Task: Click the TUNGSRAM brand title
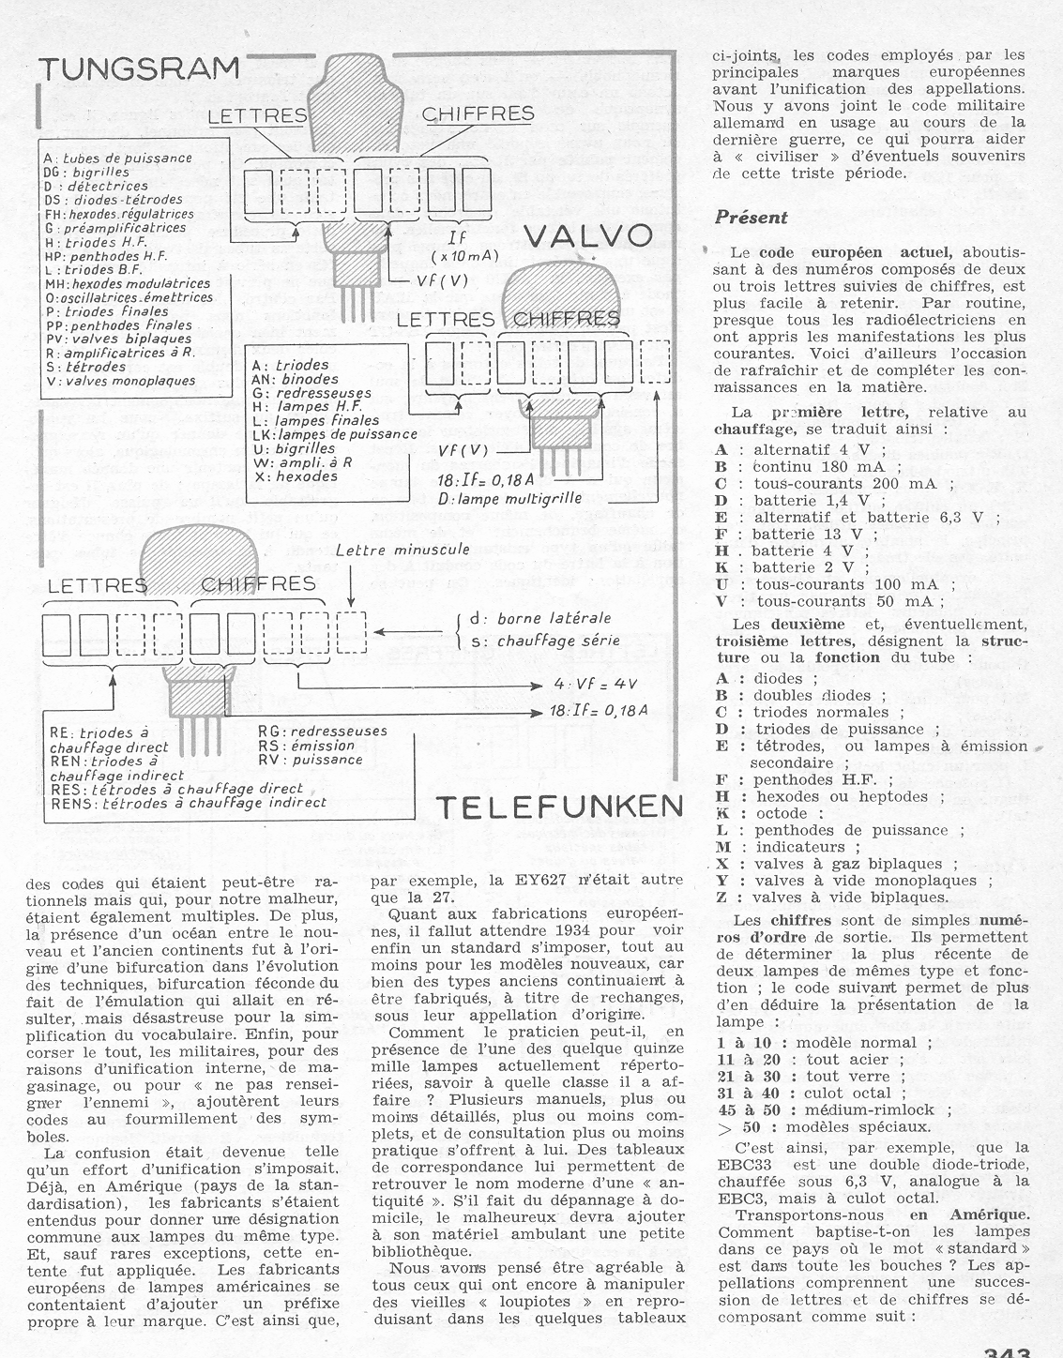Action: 138,69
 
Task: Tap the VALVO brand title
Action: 586,235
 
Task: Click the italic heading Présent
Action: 751,218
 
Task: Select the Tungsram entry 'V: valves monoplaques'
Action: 119,382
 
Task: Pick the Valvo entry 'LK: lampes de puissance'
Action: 334,434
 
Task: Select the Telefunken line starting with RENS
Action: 188,803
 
